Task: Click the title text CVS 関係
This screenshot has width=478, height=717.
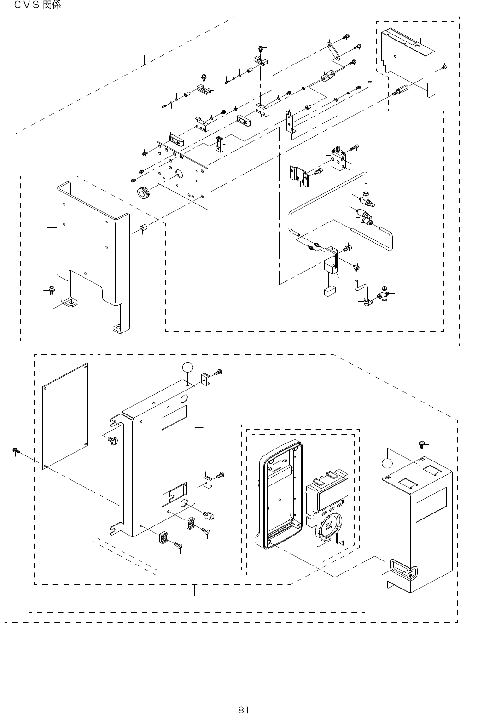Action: point(37,6)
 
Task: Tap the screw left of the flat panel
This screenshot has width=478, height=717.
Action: point(16,450)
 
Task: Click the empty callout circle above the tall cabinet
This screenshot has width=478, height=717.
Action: point(187,367)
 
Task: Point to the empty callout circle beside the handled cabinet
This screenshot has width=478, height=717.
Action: point(388,462)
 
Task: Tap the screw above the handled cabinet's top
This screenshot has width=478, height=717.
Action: point(421,443)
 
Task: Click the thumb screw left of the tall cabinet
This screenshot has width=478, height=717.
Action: point(113,441)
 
